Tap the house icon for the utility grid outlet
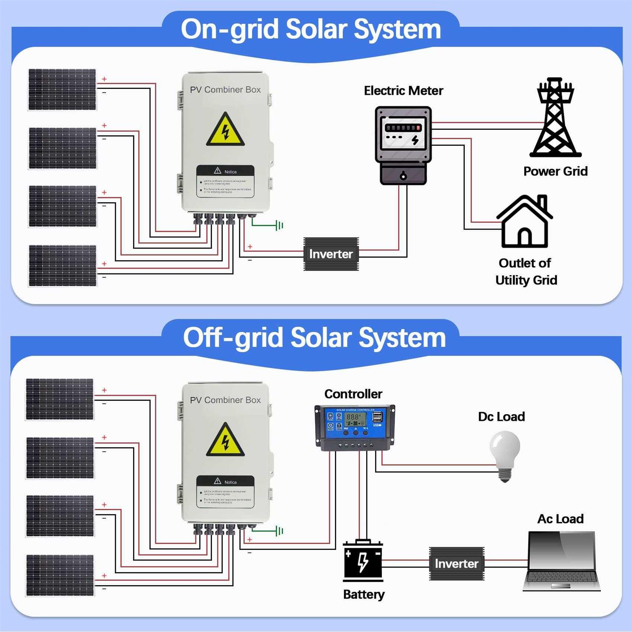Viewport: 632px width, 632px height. click(x=525, y=222)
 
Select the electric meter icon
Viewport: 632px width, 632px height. click(x=403, y=145)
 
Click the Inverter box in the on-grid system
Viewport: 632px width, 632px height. click(x=331, y=254)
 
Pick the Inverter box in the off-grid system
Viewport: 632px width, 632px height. click(x=457, y=564)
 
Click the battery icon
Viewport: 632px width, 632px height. click(x=363, y=561)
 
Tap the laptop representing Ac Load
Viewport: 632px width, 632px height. click(x=561, y=561)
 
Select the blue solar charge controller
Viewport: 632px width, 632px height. click(x=355, y=427)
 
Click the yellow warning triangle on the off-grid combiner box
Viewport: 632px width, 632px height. click(x=225, y=441)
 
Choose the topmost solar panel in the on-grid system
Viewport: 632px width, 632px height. click(x=62, y=90)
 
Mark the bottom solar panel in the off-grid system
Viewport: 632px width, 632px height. click(x=60, y=575)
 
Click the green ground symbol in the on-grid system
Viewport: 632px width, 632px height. click(x=279, y=226)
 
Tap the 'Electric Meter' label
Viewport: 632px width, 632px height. click(x=403, y=91)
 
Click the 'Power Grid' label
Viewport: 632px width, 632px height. click(x=555, y=171)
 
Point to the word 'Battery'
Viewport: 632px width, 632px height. click(x=364, y=595)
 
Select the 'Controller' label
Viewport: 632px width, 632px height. click(x=353, y=394)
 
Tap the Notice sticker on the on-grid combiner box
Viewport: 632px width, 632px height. click(x=225, y=181)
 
